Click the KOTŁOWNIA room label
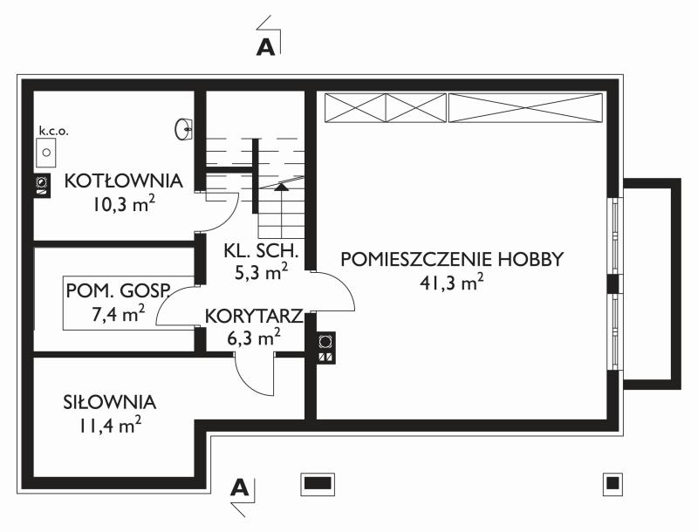coord(122,181)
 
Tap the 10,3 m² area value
coord(122,204)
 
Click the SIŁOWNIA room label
coord(110,403)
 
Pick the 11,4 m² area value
coord(110,426)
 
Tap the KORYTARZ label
coord(254,316)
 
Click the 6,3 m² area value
coord(254,336)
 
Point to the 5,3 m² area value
coord(261,272)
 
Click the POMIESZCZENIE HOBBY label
coord(453,259)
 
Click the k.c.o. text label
coord(53,131)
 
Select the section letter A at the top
coord(266,47)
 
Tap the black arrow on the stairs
coord(281,185)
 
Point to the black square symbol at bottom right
coord(612,482)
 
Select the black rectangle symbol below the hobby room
coord(318,482)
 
